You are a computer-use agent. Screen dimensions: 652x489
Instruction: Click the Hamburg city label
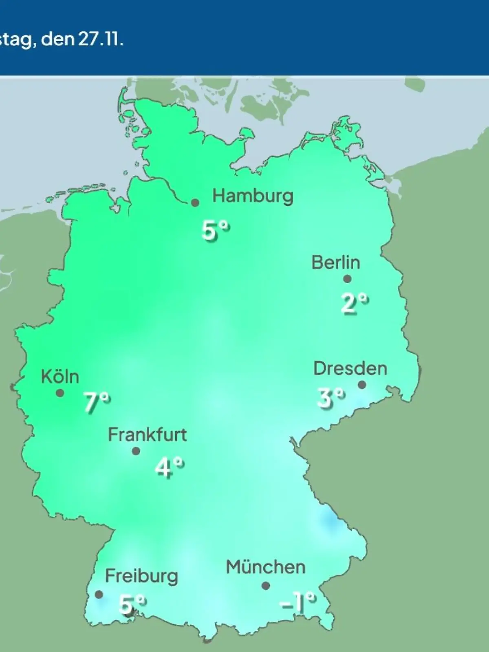253,196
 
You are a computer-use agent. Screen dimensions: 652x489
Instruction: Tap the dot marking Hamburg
195,203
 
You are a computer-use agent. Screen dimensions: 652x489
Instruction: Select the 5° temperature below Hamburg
215,231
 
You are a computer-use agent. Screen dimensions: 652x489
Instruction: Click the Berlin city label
336,262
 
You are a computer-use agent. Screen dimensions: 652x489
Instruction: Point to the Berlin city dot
347,279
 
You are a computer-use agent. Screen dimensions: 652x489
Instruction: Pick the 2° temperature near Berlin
355,304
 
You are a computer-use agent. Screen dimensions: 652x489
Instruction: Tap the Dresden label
350,368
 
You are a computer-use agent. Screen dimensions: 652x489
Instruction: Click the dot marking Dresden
362,385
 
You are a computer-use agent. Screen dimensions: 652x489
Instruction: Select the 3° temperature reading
331,398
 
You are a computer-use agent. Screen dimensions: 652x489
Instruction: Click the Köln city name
60,377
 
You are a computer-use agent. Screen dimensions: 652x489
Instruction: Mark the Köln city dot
60,393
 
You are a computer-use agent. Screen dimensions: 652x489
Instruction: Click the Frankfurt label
147,435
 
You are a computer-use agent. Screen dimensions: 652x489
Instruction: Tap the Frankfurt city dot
136,451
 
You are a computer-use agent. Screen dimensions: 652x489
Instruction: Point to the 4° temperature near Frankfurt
169,467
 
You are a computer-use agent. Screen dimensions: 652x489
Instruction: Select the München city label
266,567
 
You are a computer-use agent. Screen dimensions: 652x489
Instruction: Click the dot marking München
266,586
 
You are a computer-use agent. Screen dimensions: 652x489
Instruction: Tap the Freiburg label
141,576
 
